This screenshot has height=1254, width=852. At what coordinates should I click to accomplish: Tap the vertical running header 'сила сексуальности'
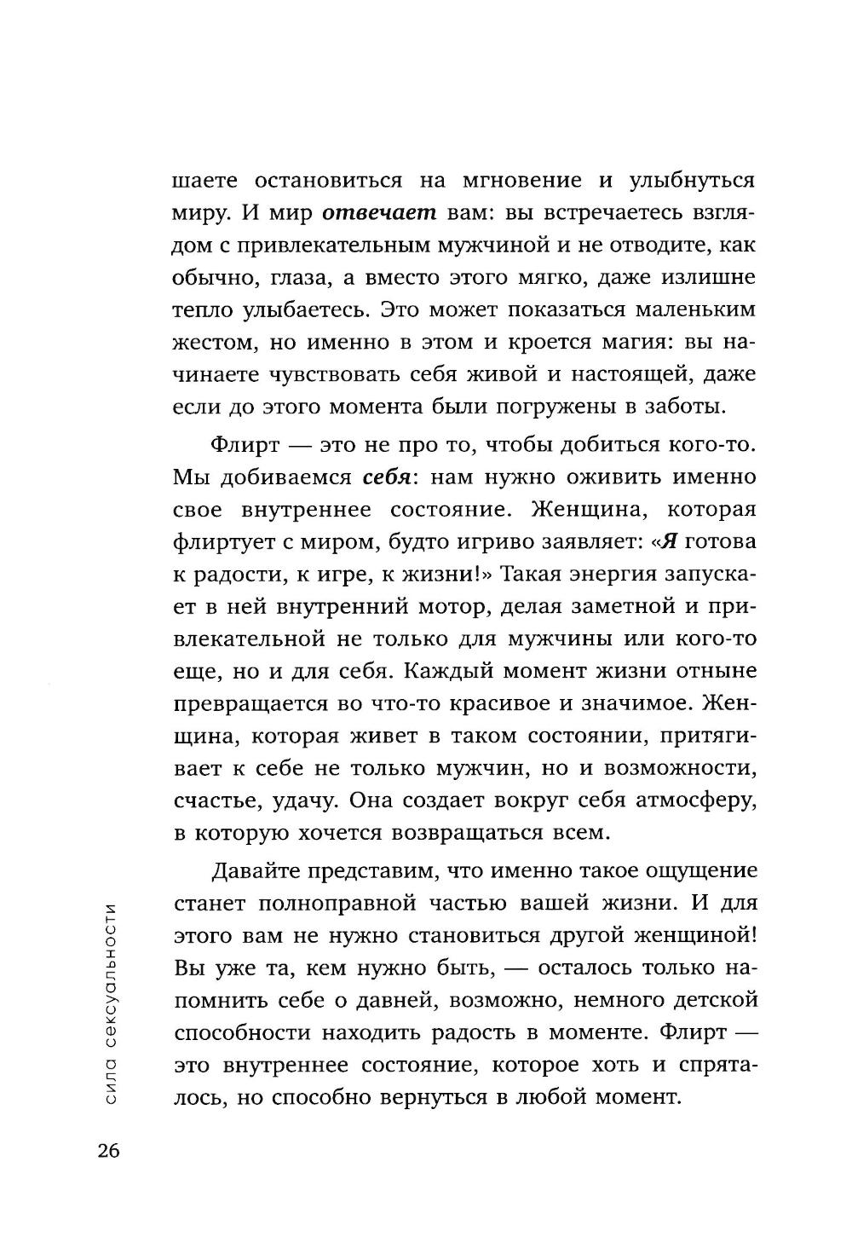[x=108, y=1003]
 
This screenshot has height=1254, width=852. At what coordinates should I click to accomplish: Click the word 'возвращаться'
[x=463, y=833]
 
